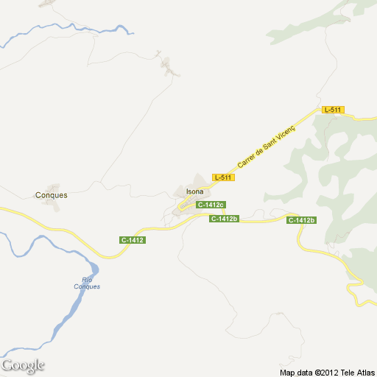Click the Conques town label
(52, 195)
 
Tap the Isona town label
(195, 191)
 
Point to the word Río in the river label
(88, 279)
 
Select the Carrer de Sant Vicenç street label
(266, 146)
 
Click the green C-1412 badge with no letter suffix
(133, 240)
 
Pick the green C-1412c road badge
(210, 204)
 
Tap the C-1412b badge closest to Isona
(225, 219)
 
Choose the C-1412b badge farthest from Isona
(301, 220)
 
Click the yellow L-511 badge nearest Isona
(223, 177)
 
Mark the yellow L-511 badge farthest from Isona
(333, 110)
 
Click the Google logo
(23, 365)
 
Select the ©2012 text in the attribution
(324, 372)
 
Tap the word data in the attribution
(303, 372)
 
